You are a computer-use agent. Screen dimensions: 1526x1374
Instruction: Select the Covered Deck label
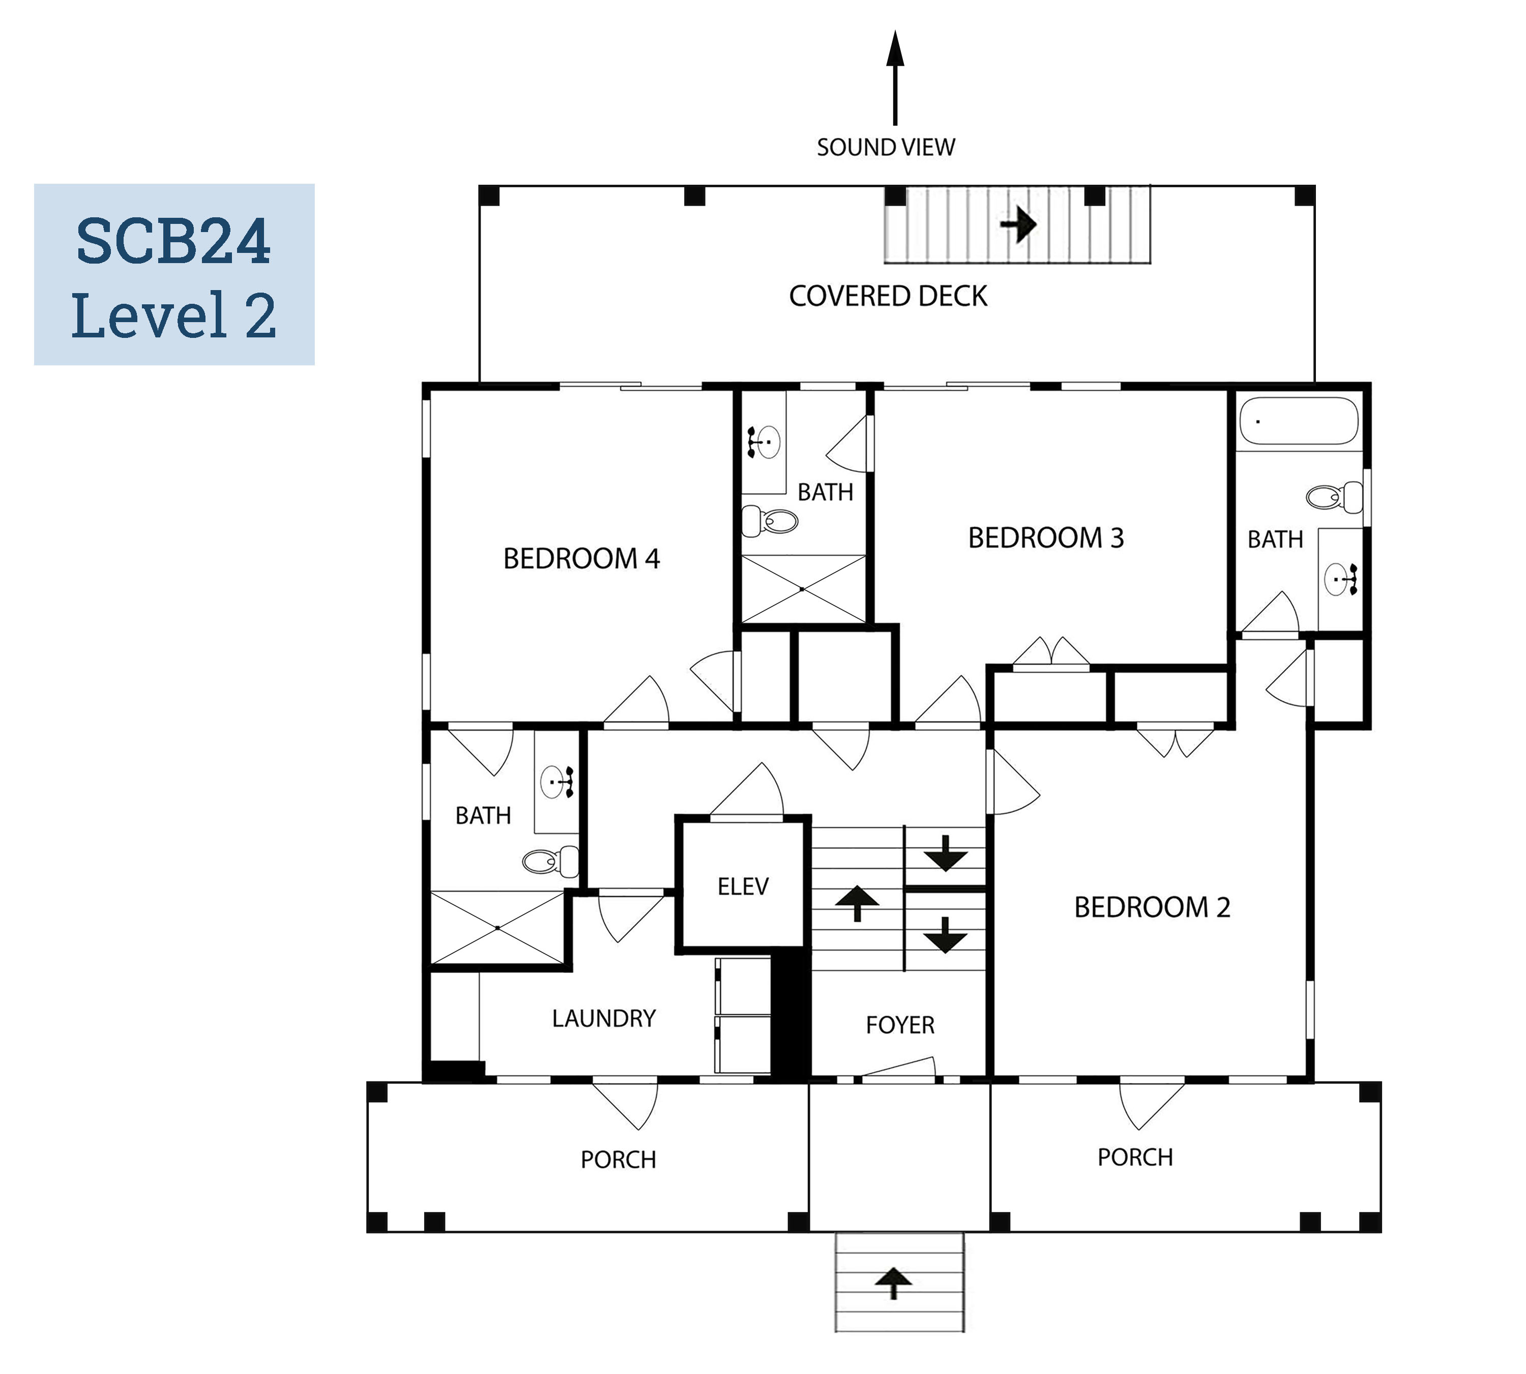pyautogui.click(x=888, y=296)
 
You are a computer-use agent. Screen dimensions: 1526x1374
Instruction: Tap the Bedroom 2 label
pyautogui.click(x=1153, y=907)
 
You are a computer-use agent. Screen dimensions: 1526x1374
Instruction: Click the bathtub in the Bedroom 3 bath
pyautogui.click(x=1298, y=420)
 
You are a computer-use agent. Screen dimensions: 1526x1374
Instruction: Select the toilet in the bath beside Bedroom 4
pyautogui.click(x=770, y=520)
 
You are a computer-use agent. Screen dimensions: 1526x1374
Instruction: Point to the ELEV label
pyautogui.click(x=743, y=886)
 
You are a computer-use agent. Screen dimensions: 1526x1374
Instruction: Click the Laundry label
pyautogui.click(x=604, y=1018)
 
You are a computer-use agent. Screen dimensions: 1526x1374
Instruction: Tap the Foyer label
pyautogui.click(x=900, y=1024)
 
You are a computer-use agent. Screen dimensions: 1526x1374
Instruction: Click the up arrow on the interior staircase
pyautogui.click(x=857, y=903)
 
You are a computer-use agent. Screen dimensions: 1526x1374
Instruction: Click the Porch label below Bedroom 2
pyautogui.click(x=1135, y=1157)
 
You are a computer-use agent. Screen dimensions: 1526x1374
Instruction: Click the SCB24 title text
pyautogui.click(x=173, y=242)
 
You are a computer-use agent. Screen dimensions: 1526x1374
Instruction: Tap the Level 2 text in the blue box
pyautogui.click(x=173, y=315)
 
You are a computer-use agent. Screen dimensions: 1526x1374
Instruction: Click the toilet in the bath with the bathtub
pyautogui.click(x=1334, y=497)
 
